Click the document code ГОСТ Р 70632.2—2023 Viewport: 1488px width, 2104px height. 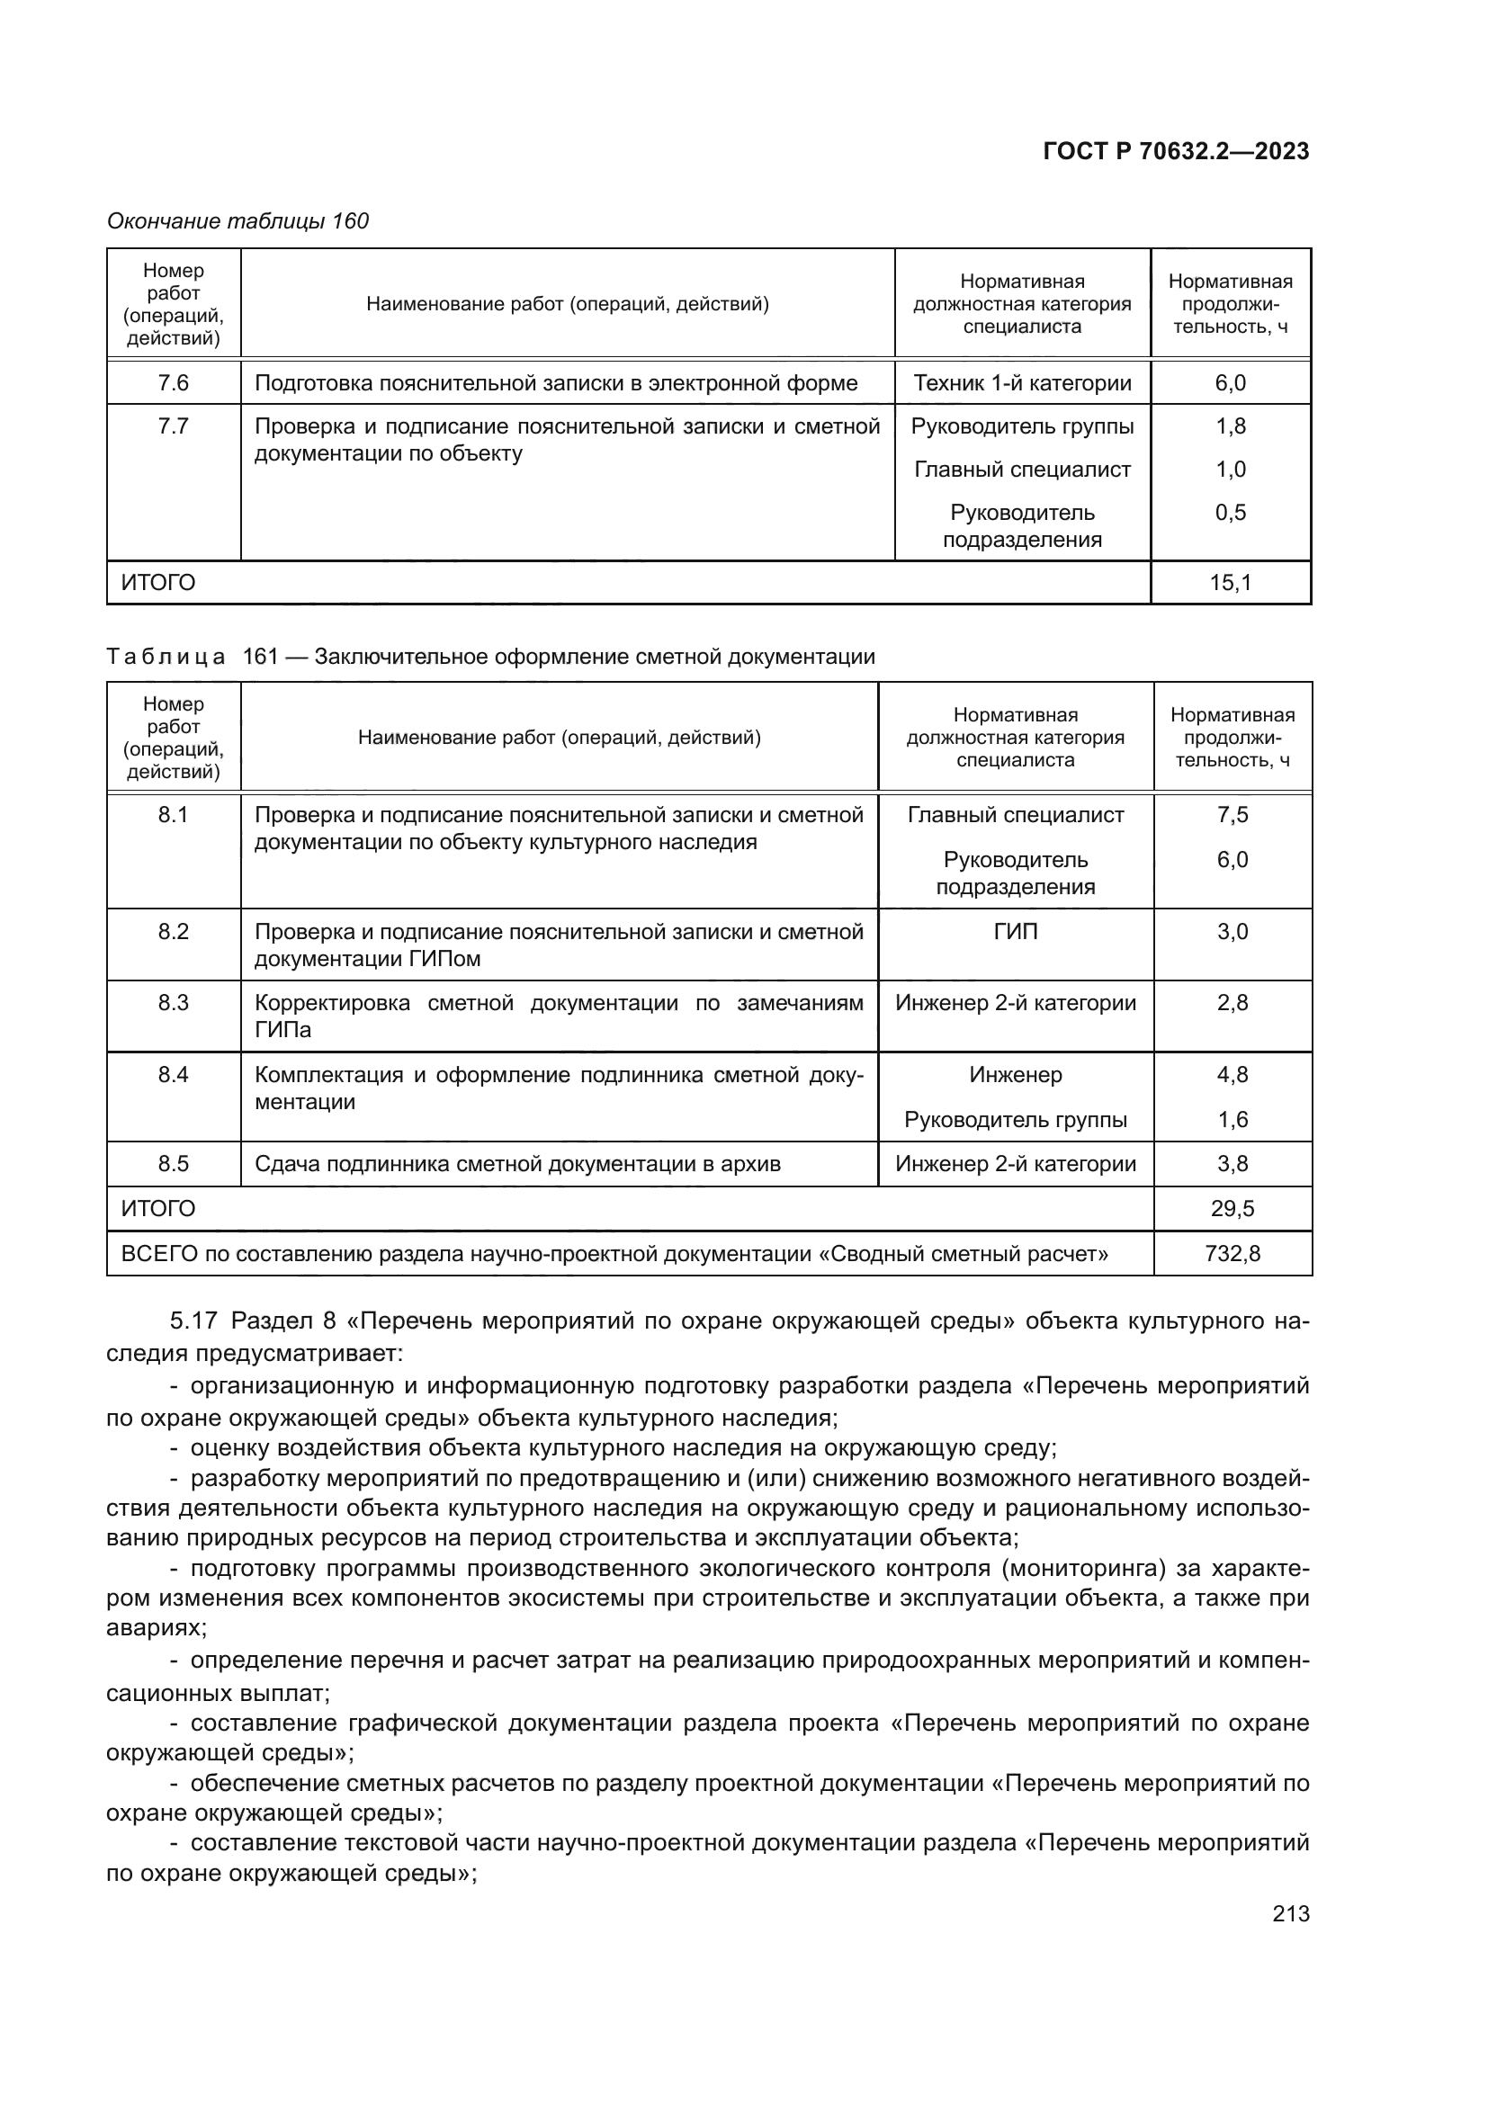click(1176, 151)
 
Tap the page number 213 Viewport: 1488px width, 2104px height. click(1290, 1914)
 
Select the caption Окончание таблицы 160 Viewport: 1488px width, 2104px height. click(238, 221)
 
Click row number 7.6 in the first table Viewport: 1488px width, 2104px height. click(173, 383)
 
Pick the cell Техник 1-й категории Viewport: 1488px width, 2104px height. click(1022, 383)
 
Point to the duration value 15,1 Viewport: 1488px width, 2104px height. click(1230, 583)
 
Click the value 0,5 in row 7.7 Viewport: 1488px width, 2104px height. click(1230, 512)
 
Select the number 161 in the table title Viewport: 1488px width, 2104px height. click(260, 657)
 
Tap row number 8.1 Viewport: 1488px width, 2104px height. click(173, 815)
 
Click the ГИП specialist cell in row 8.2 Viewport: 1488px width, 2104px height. click(1015, 932)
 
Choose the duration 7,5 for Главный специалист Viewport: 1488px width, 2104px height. click(1232, 815)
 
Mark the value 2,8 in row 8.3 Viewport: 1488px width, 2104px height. click(1232, 1004)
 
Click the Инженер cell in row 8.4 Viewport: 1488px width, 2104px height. click(1015, 1075)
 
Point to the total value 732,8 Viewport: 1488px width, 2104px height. click(1232, 1254)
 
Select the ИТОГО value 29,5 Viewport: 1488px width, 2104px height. click(1232, 1209)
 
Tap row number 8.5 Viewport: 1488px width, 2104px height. click(173, 1165)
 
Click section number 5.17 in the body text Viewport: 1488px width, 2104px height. click(193, 1321)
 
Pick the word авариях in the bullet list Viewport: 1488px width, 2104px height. click(156, 1627)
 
